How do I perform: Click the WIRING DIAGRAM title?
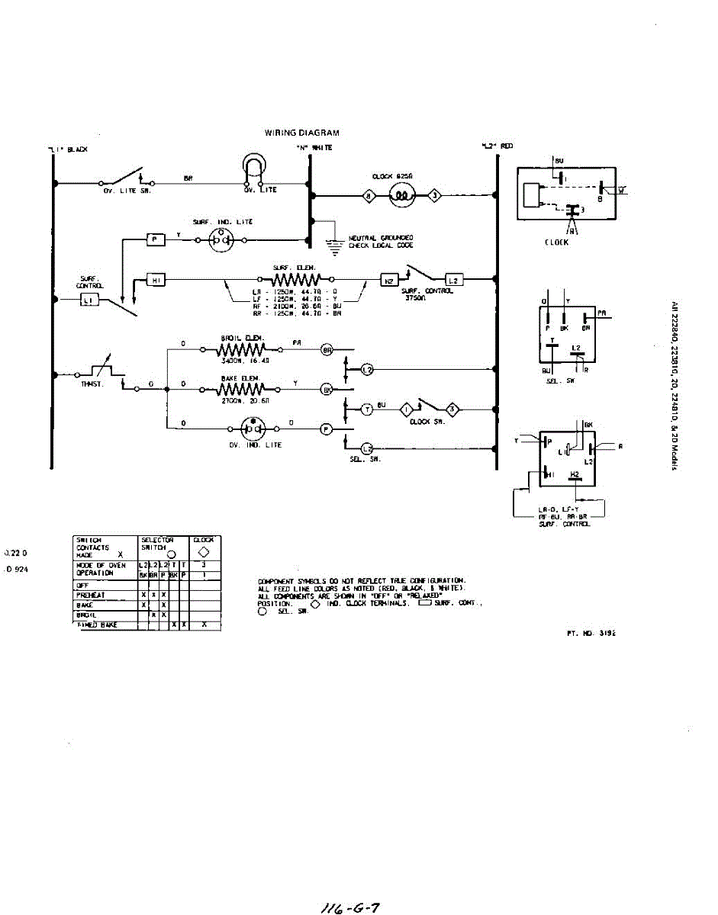(301, 133)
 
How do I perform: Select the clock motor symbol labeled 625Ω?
(401, 196)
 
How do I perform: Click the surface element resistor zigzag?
(289, 281)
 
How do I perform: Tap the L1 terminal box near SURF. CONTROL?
(87, 301)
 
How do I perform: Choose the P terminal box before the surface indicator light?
(155, 239)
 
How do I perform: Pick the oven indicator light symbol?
(251, 428)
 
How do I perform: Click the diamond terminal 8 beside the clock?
(370, 196)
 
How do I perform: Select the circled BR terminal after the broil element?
(327, 351)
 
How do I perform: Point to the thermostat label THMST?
(92, 384)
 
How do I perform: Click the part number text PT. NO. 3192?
(586, 633)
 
